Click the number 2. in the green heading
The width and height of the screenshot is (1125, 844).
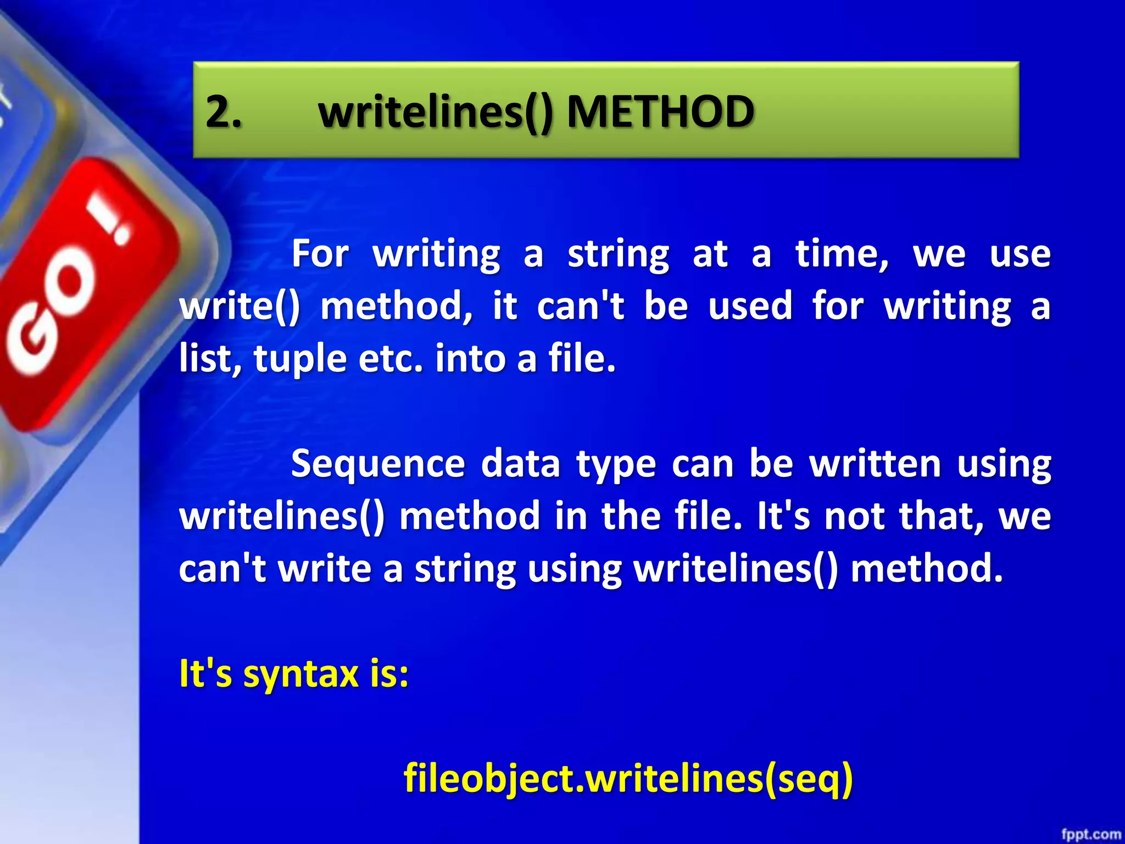(224, 112)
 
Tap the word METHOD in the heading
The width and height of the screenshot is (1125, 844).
(660, 112)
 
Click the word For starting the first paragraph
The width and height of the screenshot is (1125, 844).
(320, 254)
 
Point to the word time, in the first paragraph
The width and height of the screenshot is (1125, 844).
(842, 254)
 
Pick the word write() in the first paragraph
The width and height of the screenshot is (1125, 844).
(240, 306)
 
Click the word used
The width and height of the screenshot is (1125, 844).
(750, 306)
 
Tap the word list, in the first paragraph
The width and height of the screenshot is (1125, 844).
(210, 359)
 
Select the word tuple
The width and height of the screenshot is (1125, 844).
(300, 360)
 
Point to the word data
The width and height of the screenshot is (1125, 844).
(520, 464)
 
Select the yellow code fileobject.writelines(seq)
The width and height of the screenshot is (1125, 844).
(628, 778)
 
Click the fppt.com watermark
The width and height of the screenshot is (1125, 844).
(1091, 834)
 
